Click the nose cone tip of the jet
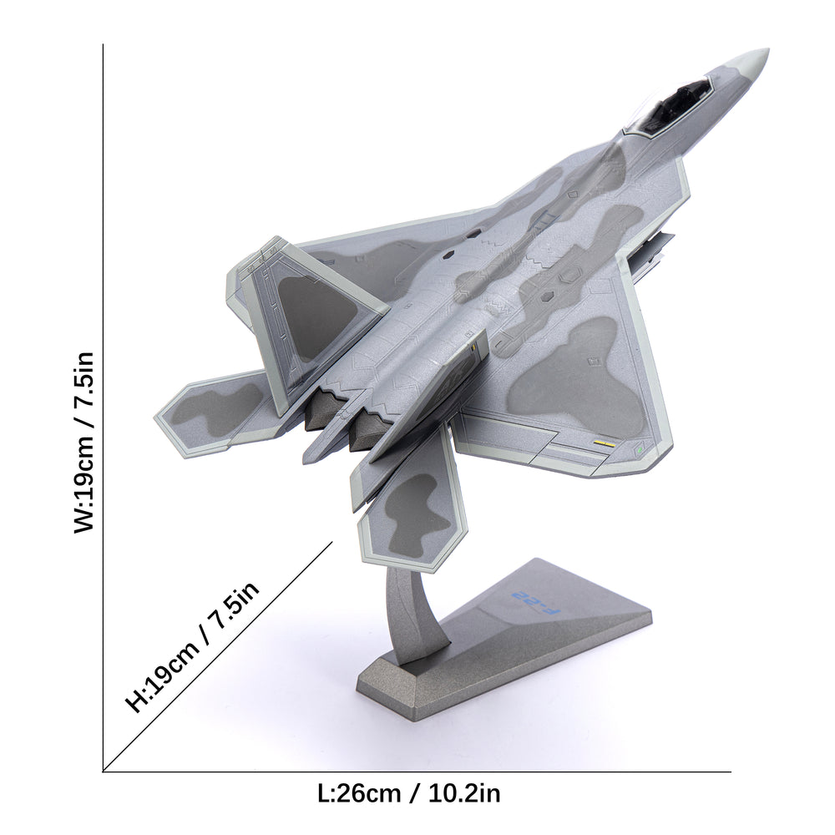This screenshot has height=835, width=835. point(768,50)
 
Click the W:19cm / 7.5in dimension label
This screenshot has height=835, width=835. point(84,442)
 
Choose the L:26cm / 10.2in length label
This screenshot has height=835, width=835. point(409,793)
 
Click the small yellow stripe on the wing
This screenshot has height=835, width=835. point(604,443)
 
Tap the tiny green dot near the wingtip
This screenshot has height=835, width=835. point(639,451)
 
